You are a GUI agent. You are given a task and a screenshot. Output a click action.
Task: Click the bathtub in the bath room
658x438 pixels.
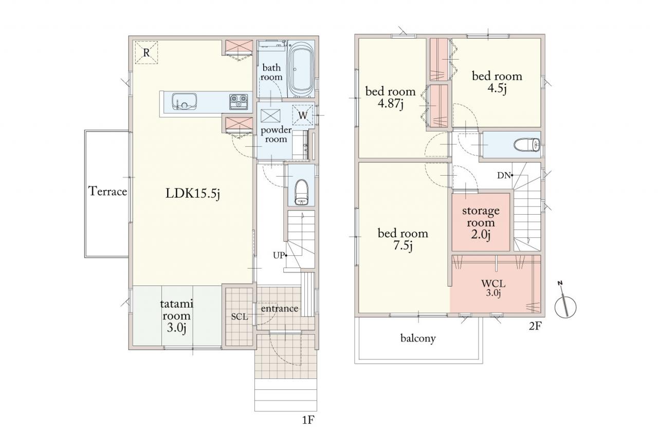(x=301, y=69)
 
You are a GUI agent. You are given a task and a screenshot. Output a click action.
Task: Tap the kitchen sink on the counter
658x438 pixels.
(x=184, y=102)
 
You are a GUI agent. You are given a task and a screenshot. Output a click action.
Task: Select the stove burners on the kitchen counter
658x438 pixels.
(x=238, y=102)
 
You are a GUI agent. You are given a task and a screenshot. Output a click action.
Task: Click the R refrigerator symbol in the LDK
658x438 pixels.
(x=147, y=52)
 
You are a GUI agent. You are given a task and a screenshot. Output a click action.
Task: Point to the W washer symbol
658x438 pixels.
(x=303, y=115)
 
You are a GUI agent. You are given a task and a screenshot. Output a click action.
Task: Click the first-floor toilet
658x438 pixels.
(x=301, y=192)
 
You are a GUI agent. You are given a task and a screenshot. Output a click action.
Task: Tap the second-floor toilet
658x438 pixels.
(x=527, y=145)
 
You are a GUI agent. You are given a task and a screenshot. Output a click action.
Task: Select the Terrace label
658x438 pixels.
(x=108, y=192)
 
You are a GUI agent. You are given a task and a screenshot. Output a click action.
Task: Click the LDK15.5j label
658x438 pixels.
(x=193, y=194)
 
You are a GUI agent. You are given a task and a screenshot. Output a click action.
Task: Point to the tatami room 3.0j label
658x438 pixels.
(x=176, y=316)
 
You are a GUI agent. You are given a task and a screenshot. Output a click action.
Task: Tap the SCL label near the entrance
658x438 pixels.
(x=240, y=317)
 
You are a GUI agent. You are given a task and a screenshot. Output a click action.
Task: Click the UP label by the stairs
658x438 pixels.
(x=279, y=256)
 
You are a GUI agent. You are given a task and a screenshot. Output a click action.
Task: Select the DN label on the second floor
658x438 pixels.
(x=504, y=176)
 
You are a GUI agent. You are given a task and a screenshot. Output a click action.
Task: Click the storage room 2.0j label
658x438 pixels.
(x=481, y=223)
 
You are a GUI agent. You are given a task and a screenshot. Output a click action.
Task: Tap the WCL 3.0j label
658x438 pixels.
(x=493, y=288)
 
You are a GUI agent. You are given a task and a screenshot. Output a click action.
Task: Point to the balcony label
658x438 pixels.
(x=418, y=338)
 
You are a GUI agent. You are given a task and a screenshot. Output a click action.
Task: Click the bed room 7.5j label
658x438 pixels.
(x=403, y=239)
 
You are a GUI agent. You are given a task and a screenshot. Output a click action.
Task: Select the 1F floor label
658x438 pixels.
(x=308, y=421)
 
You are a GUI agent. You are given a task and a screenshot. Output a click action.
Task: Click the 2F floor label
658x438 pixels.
(x=535, y=326)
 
